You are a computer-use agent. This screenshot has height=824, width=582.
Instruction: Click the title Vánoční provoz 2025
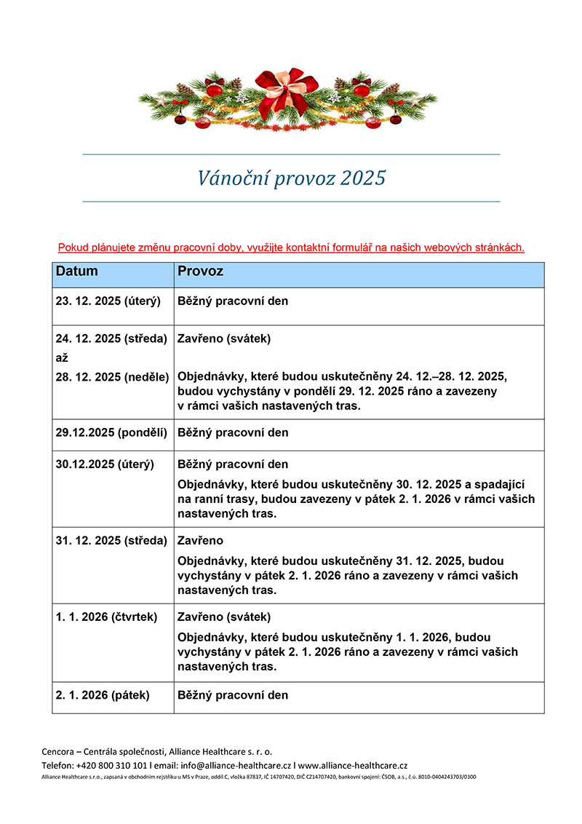click(291, 178)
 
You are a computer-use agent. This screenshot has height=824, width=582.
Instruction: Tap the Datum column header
click(77, 272)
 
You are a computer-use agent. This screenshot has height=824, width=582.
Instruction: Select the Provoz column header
click(200, 272)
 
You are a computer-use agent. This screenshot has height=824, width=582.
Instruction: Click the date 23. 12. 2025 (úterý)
click(108, 301)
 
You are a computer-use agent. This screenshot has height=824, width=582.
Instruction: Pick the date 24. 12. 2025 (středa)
click(111, 338)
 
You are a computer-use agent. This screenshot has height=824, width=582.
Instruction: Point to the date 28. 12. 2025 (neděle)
click(112, 376)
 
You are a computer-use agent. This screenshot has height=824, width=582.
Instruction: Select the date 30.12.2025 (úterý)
click(105, 464)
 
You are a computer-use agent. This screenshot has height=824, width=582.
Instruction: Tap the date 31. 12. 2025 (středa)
click(111, 541)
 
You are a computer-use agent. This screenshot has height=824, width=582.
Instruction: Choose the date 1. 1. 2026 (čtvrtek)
click(106, 617)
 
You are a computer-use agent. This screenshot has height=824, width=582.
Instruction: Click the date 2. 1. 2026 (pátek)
click(103, 695)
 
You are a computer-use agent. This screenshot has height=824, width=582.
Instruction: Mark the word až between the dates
click(62, 358)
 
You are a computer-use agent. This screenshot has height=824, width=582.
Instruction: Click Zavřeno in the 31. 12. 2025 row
click(201, 541)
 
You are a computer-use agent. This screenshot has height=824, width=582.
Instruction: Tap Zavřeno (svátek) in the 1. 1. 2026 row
click(224, 617)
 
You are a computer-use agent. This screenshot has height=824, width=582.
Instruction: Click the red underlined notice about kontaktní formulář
click(291, 247)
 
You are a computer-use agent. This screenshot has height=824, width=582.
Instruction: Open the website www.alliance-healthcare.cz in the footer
click(353, 765)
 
